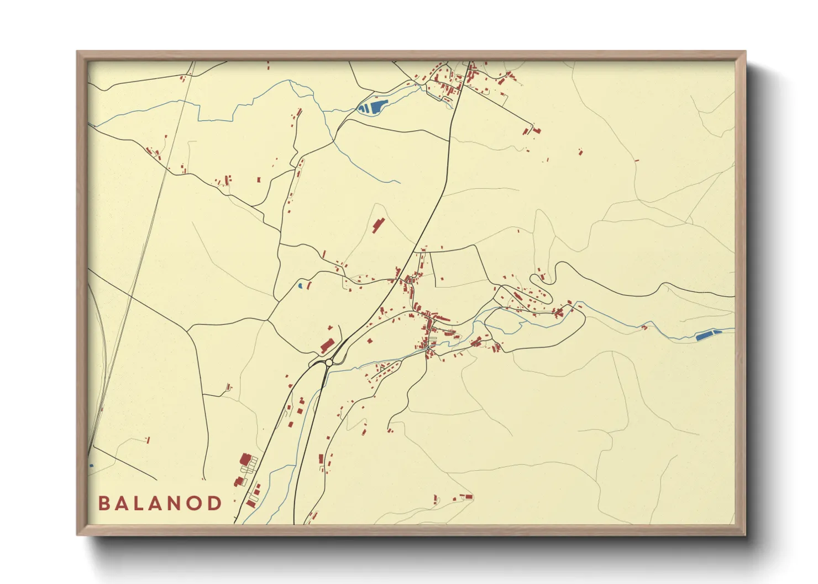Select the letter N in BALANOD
pos(177,503)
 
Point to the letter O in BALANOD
pos(195,503)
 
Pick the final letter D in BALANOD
pos(214,503)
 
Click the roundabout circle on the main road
pos(329,363)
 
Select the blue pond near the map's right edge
pos(705,335)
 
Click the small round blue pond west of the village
pos(300,286)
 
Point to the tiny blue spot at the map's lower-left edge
pos(91,466)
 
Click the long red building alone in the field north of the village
pos(379,225)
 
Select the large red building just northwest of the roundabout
pos(327,346)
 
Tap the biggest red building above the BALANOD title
pos(245,459)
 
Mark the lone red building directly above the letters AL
pos(148,440)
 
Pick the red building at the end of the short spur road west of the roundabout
pos(228,386)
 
